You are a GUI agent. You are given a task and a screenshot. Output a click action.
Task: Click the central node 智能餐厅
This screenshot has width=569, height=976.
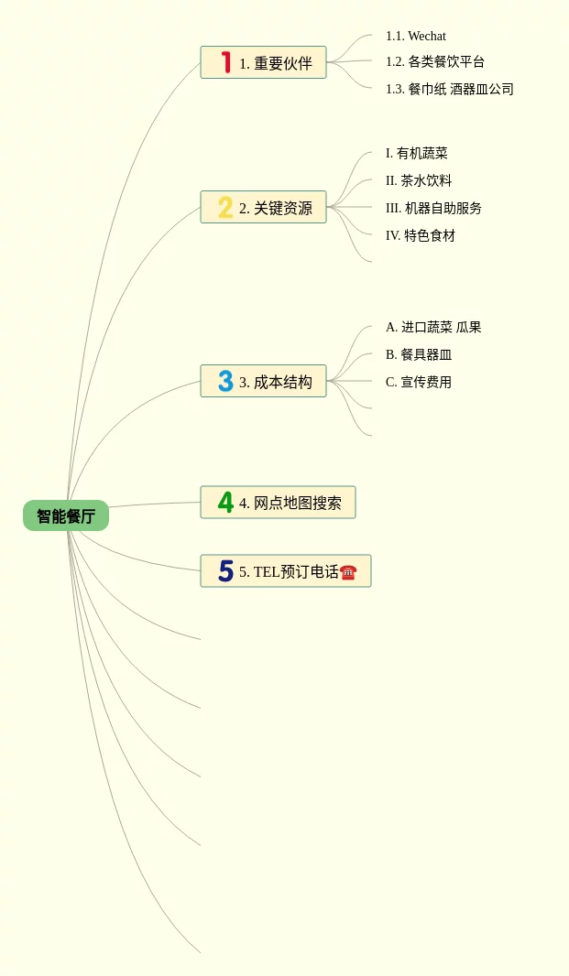click(66, 515)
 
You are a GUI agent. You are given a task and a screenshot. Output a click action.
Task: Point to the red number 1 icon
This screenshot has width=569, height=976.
click(225, 62)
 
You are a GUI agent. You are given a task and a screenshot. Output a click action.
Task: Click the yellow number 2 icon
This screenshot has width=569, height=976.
click(225, 208)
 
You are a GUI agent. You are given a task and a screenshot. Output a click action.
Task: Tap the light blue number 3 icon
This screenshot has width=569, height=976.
click(225, 381)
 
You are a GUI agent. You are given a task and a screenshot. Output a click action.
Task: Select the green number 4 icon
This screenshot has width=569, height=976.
click(225, 502)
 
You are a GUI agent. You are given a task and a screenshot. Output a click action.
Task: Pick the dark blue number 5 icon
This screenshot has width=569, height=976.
click(225, 571)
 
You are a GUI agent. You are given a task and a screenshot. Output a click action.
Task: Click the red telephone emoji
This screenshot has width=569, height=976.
click(348, 572)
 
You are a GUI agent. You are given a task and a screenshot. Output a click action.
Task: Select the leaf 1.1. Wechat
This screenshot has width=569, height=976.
click(416, 36)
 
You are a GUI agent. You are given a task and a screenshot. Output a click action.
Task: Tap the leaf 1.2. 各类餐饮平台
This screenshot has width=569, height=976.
click(435, 61)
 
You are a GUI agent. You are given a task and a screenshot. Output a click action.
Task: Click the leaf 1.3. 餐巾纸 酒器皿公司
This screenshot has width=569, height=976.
click(450, 89)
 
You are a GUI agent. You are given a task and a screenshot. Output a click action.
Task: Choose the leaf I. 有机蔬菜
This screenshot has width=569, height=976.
click(417, 153)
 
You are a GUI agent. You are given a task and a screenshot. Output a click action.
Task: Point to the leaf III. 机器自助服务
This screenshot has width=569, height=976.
click(434, 208)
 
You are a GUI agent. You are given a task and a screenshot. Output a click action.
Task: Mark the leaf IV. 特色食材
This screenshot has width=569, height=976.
click(421, 235)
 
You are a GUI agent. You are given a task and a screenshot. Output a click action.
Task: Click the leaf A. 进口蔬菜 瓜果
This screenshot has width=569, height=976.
click(433, 327)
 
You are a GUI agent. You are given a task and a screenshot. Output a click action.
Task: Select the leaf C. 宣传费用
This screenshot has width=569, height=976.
click(419, 382)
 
